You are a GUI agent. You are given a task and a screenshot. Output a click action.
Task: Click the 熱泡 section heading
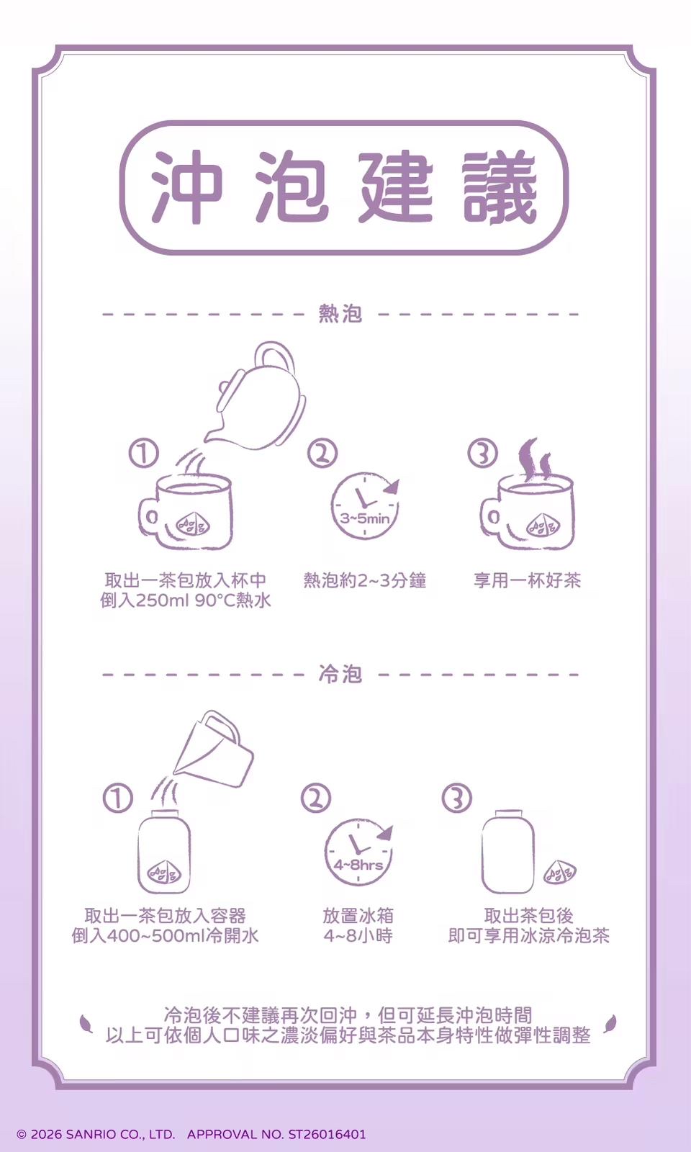pos(340,314)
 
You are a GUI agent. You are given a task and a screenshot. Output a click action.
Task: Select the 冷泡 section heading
pos(340,675)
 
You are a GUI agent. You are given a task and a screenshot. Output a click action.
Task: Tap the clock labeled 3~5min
pos(364,506)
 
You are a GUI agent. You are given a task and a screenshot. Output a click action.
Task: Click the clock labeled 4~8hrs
pos(358,852)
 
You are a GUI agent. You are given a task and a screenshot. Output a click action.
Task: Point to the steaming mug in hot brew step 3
pos(528,508)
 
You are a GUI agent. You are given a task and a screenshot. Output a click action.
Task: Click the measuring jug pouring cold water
pos(214,752)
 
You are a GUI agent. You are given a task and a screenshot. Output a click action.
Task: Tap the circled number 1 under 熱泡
pos(143,454)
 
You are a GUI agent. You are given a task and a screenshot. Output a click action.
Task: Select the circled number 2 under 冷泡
pos(316,798)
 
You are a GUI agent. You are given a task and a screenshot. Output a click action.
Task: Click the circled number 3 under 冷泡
pos(456,798)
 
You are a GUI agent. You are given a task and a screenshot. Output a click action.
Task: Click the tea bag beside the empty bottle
pos(560,873)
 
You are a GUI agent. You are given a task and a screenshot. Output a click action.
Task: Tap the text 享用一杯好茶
pos(527,580)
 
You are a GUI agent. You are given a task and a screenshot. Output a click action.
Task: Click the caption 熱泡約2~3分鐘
pos(364,580)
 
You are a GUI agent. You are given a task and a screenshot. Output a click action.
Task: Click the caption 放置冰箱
pos(358,916)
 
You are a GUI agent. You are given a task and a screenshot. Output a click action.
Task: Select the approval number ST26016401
pos(327,1134)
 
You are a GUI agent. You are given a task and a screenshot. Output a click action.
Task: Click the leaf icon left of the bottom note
pos(86,1022)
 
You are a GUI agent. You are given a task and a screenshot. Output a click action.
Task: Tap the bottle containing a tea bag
pos(164,853)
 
